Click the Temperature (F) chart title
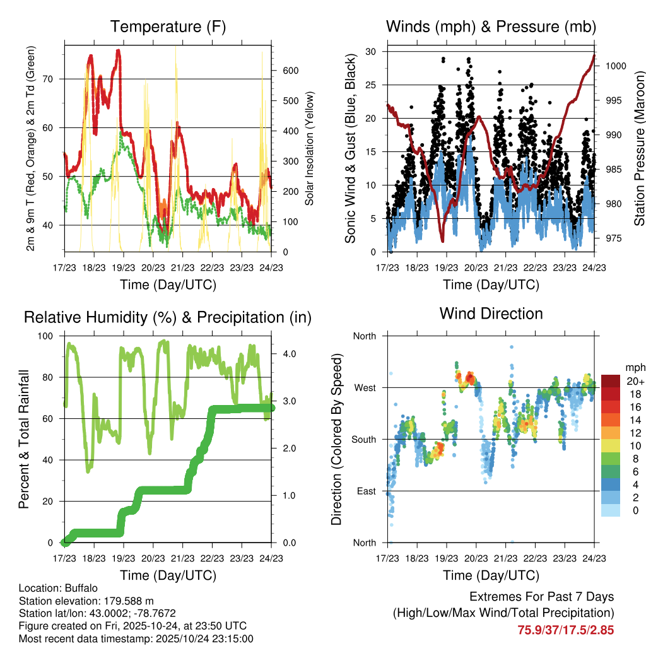[168, 26]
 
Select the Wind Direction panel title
[491, 313]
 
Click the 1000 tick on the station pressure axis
[615, 66]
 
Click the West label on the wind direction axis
[364, 387]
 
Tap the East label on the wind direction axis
[365, 491]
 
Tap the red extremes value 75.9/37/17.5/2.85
[566, 630]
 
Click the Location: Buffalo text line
[58, 588]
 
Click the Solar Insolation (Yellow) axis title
[310, 149]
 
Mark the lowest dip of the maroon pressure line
[443, 240]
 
